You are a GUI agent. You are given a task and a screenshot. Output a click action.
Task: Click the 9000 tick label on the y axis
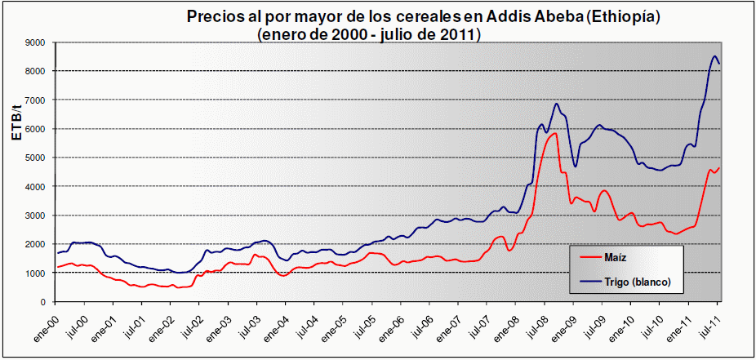(33, 42)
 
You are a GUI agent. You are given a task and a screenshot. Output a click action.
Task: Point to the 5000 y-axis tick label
(33, 158)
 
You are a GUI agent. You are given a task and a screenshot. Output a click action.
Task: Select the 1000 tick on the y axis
(33, 273)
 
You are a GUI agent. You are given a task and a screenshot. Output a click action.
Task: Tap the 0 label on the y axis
(41, 302)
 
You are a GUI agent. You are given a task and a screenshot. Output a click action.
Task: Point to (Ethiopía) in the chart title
(599, 16)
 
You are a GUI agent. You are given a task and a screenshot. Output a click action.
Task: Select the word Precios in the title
(214, 16)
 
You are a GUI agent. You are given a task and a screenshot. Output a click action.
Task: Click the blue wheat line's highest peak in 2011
(715, 56)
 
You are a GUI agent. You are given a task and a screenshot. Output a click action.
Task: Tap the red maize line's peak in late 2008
(554, 133)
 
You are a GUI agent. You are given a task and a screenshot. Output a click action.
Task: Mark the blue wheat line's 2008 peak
(557, 104)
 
